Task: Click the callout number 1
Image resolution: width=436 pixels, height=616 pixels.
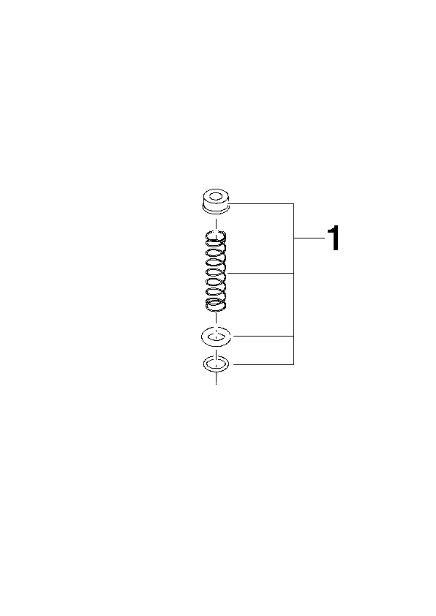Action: point(334,238)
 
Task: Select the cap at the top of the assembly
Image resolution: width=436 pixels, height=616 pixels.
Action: point(216,202)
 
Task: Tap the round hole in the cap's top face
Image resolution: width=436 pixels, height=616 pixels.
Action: point(216,196)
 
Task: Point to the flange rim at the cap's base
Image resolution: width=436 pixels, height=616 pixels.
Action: point(216,211)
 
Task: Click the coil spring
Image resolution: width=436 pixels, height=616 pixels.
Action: point(216,272)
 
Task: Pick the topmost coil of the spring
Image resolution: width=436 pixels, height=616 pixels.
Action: point(216,236)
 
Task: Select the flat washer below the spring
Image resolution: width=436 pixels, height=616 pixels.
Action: point(216,337)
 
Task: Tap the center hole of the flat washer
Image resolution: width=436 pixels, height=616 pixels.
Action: point(216,337)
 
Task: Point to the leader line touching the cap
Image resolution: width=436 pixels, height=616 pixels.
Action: point(261,203)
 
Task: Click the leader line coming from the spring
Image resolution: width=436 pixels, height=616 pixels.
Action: point(260,273)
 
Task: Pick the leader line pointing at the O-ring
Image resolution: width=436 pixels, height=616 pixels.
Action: point(263,364)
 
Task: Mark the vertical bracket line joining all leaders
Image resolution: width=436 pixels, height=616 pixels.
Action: point(293,284)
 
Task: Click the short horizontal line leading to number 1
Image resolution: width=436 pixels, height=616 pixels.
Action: point(309,238)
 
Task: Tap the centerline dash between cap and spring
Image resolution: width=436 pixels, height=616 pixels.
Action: point(216,223)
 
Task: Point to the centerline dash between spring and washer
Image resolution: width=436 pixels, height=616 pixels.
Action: point(216,319)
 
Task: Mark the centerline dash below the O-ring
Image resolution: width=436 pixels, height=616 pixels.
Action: point(216,378)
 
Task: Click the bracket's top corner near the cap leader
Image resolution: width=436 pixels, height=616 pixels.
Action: point(293,203)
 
